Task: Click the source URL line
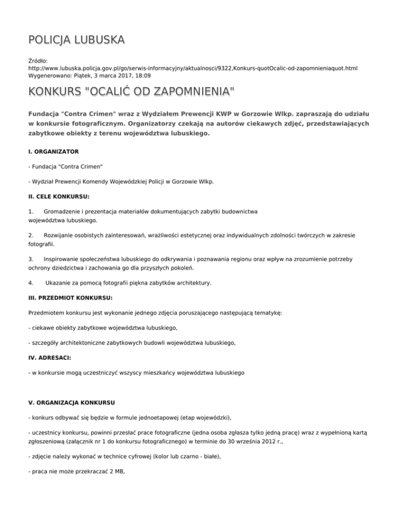[x=193, y=68]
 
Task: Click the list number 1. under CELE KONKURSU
[x=31, y=211]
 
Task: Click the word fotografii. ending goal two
[x=41, y=244]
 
